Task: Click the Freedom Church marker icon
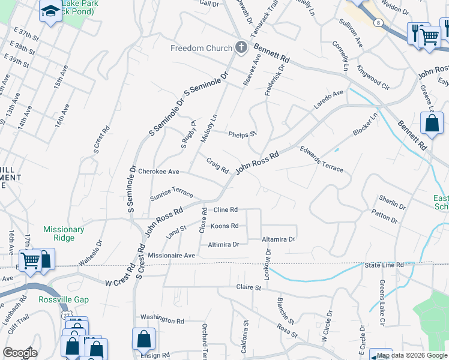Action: click(x=241, y=48)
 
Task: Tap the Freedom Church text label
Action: click(x=201, y=49)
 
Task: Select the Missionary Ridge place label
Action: click(x=64, y=233)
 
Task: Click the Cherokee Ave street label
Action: click(x=159, y=172)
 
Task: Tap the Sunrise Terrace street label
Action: click(x=171, y=192)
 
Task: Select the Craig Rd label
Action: click(x=218, y=165)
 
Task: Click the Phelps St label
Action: click(x=243, y=134)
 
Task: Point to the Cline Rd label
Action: click(x=226, y=210)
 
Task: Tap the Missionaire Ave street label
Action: click(x=172, y=256)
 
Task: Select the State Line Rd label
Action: click(x=384, y=265)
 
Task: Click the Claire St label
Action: click(x=249, y=288)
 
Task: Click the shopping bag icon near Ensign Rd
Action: click(x=144, y=339)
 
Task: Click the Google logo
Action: click(x=20, y=353)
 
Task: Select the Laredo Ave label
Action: click(x=328, y=100)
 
